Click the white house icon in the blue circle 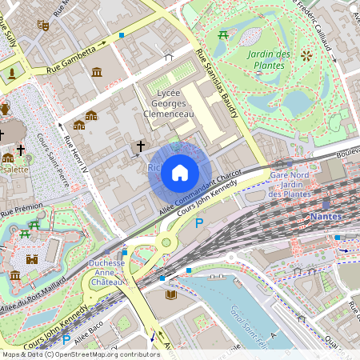[x=180, y=172]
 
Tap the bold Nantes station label [x=326, y=217]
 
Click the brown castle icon [x=32, y=259]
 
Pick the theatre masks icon [x=43, y=26]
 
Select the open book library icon [x=171, y=295]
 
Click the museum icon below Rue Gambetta [x=97, y=73]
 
